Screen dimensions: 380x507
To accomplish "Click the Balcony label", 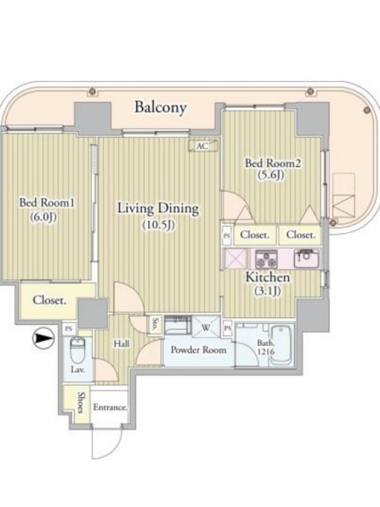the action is [161, 107].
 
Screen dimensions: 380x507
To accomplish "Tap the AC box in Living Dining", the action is [203, 146].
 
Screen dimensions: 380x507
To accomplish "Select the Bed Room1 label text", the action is [47, 203].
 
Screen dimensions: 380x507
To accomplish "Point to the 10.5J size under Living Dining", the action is [158, 225].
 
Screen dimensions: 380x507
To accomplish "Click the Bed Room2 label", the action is [273, 163].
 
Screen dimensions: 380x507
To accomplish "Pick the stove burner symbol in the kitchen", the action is [267, 259].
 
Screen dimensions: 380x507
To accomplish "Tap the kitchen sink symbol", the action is [307, 259].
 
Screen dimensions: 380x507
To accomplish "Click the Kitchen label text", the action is [267, 278].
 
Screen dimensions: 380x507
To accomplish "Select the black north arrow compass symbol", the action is [43, 338].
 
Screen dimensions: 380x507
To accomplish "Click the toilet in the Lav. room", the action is [77, 350].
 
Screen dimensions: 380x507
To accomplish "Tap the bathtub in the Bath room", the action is [281, 345].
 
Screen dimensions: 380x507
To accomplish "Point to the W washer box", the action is [206, 327].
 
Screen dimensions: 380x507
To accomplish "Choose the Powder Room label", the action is [198, 350].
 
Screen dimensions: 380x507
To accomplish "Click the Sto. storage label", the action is [155, 325].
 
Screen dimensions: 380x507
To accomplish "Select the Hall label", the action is [122, 343].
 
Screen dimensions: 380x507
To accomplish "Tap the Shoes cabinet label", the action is [81, 402].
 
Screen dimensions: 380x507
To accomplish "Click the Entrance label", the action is [110, 407].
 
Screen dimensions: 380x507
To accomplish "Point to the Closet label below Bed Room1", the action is [49, 300].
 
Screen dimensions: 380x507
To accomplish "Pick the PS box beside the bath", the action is [228, 328].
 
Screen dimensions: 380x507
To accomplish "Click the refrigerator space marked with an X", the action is [236, 259].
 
